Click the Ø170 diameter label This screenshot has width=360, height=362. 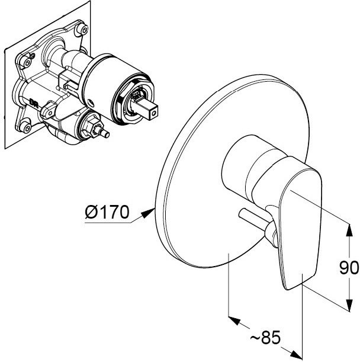tap(107, 212)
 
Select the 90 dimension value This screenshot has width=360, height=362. tap(349, 268)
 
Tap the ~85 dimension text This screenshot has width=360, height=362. tap(265, 338)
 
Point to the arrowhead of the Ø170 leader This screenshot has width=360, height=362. tap(148, 212)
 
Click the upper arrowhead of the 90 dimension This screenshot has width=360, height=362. tap(349, 230)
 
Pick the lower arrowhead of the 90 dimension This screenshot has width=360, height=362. tap(349, 305)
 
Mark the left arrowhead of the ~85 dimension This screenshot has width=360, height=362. tap(234, 321)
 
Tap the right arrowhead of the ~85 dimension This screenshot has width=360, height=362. tap(296, 354)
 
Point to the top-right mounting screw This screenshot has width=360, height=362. tap(83, 29)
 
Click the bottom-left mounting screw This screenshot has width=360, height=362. tap(25, 127)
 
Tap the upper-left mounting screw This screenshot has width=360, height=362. tap(25, 62)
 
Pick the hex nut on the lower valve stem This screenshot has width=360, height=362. tap(91, 126)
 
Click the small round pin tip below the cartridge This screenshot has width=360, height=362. tap(106, 134)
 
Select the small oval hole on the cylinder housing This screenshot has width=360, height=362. tap(91, 102)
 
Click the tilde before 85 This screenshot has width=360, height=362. tap(255, 338)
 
